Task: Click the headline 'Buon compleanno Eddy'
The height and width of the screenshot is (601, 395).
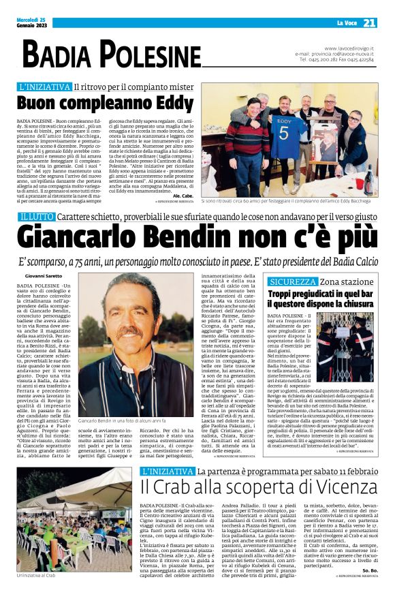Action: click(x=106, y=104)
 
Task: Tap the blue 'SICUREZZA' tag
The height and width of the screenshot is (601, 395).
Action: click(x=293, y=281)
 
